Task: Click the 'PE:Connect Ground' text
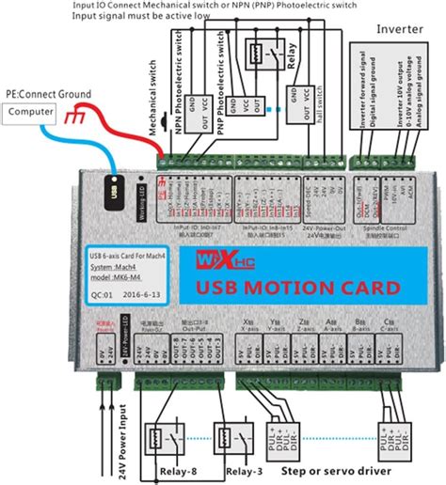50,95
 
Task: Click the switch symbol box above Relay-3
234,437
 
